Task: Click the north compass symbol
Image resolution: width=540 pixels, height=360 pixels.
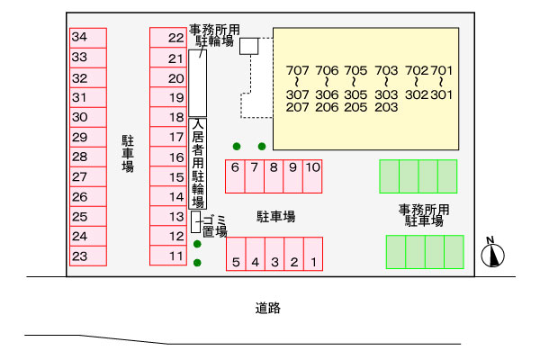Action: click(x=491, y=255)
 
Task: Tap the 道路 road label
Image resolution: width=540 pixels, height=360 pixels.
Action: click(x=268, y=309)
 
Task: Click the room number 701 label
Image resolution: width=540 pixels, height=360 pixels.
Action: click(x=442, y=70)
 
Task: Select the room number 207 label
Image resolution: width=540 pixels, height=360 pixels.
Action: click(x=298, y=107)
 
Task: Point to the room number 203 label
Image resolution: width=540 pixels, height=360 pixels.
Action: click(x=386, y=107)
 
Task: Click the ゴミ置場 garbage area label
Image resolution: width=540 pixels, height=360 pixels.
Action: click(x=213, y=225)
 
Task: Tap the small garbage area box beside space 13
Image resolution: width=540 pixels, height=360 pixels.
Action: click(x=195, y=221)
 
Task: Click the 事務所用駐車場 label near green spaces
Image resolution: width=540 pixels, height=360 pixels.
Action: click(x=424, y=215)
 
